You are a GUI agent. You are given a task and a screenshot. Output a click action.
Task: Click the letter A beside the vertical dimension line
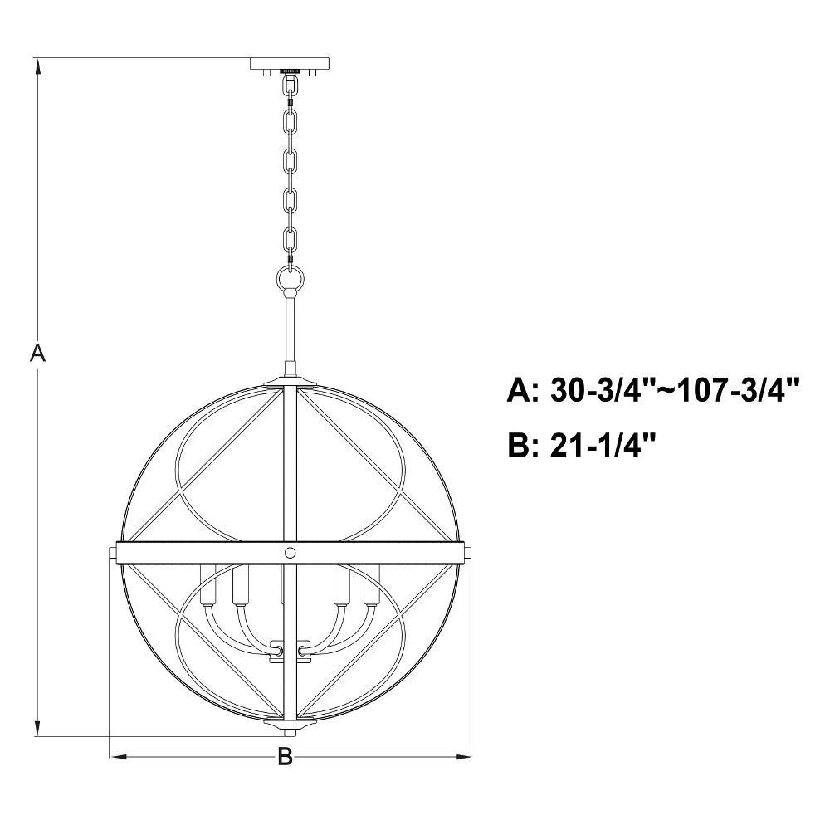point(37,353)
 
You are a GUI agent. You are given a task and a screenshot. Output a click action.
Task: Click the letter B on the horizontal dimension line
point(286,756)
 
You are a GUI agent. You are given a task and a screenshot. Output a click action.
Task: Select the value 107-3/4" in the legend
point(738,391)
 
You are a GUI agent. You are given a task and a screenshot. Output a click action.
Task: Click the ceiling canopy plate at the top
point(290,64)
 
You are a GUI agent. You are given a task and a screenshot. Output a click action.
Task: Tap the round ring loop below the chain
point(290,277)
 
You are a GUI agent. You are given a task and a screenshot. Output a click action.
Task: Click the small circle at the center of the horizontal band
point(290,553)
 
